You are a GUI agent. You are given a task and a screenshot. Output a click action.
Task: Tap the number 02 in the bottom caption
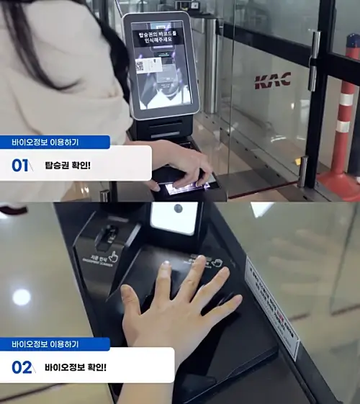22,368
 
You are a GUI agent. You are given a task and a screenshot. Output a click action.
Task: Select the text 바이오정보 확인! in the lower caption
76,368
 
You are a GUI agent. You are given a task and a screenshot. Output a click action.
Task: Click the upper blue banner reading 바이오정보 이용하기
55,143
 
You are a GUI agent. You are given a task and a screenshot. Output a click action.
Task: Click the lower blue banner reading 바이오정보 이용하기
55,344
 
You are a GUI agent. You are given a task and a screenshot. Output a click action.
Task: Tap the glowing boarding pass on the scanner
189,189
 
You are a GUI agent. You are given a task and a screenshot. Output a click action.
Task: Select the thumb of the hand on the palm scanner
130,296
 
